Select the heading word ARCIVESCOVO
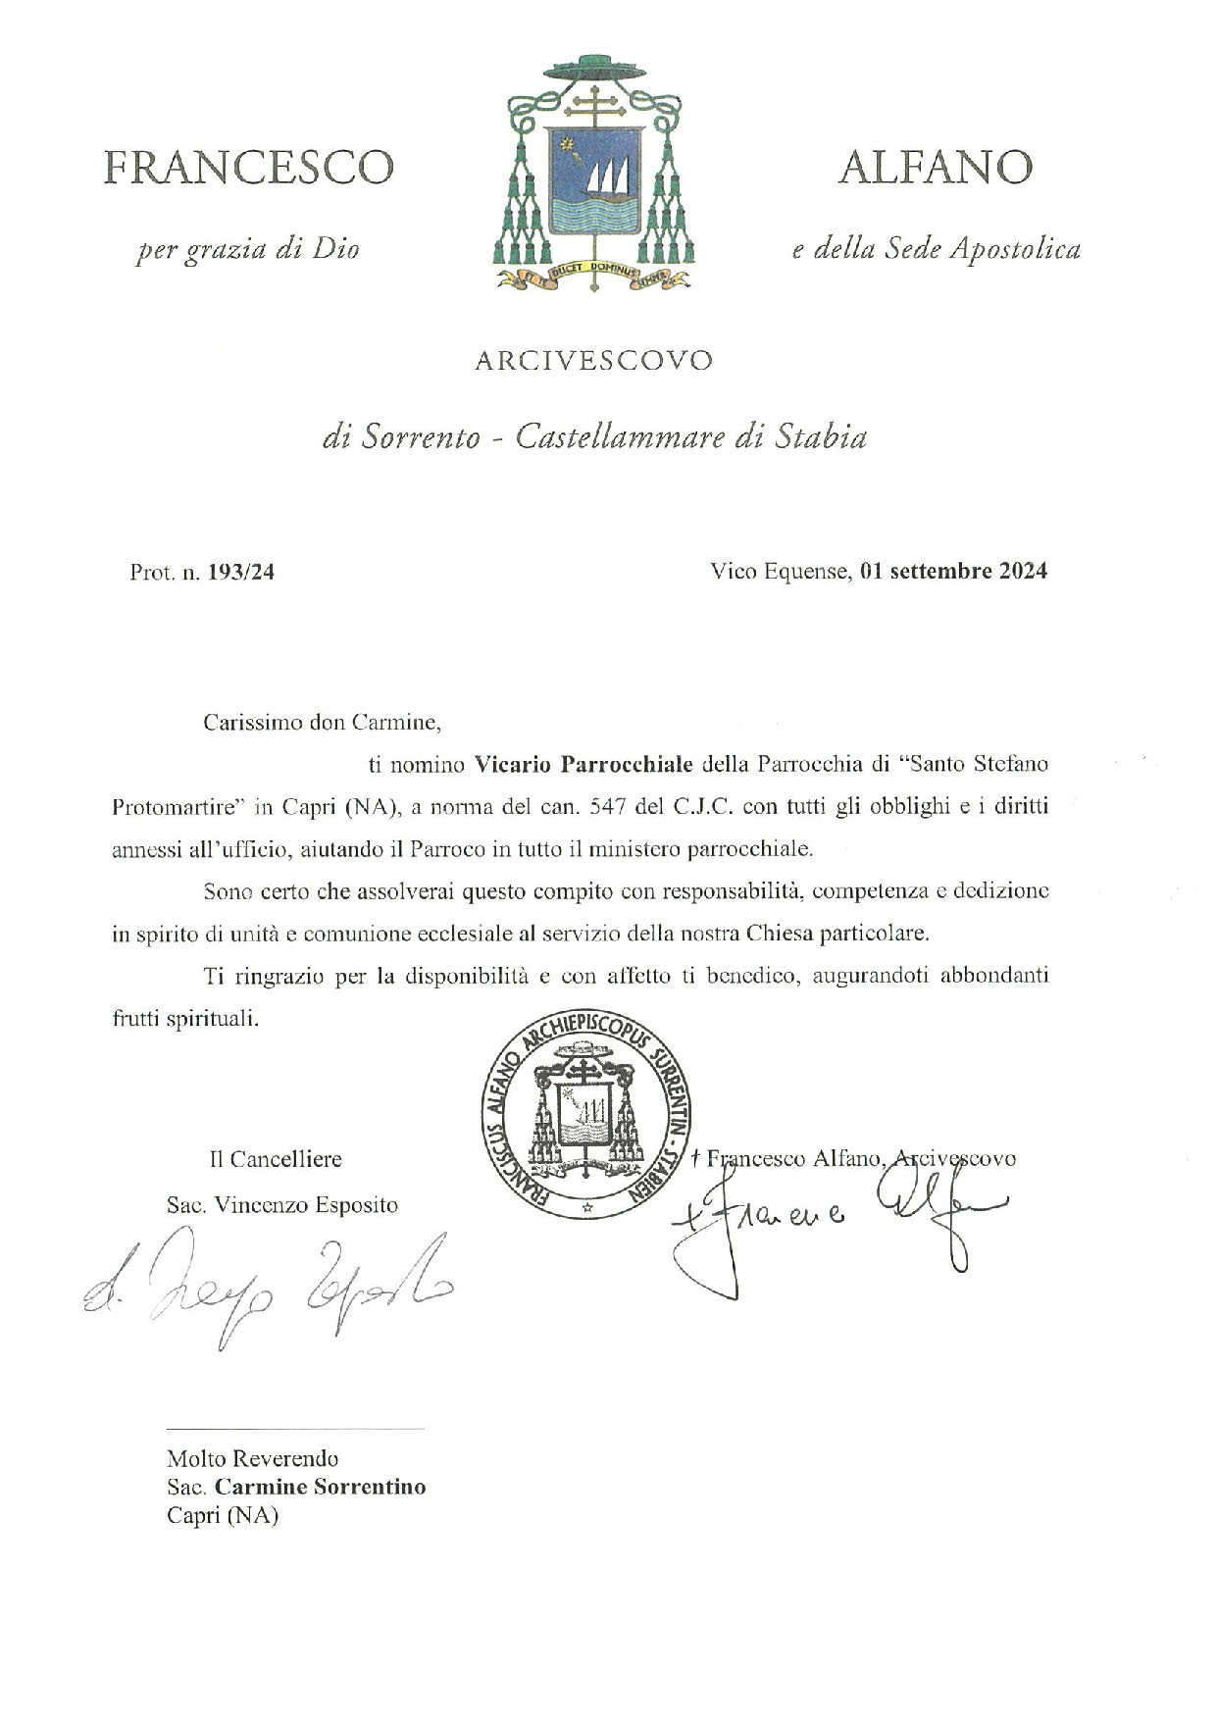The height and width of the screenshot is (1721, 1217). pos(593,361)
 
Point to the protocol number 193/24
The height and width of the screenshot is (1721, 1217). pos(241,572)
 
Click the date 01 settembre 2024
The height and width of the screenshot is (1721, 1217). pos(953,571)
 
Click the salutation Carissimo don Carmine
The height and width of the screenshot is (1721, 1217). pos(323,723)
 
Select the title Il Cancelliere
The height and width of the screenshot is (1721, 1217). pos(276,1158)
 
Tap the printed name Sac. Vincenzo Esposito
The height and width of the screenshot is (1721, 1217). pos(282,1204)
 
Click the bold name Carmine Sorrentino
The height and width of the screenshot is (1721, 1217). pos(320,1486)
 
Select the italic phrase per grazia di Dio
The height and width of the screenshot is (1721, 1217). pos(247,249)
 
